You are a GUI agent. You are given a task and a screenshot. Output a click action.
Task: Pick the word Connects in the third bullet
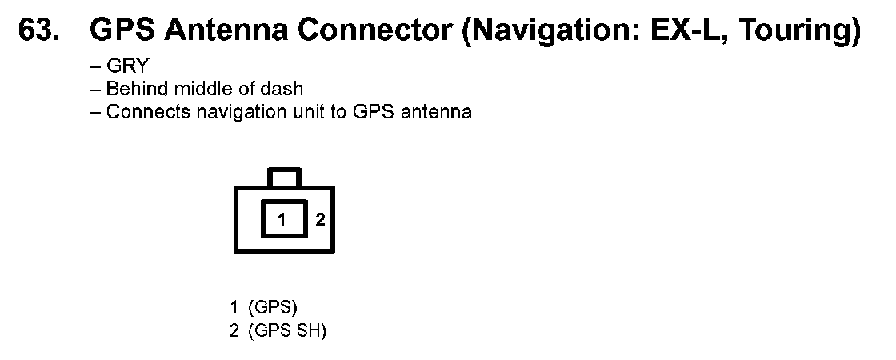click(x=137, y=111)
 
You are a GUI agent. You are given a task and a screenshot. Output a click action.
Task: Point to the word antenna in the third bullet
click(x=438, y=111)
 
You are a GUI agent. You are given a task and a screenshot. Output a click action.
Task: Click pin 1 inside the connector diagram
click(x=282, y=219)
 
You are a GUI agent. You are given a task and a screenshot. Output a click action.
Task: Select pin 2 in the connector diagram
click(x=319, y=219)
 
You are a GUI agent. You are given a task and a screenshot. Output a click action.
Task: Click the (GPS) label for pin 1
click(x=273, y=306)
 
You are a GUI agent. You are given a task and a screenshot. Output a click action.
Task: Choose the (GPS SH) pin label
click(x=287, y=330)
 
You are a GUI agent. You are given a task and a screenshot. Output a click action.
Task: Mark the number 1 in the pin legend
click(x=234, y=306)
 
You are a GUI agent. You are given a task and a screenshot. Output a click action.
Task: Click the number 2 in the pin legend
click(x=234, y=330)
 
